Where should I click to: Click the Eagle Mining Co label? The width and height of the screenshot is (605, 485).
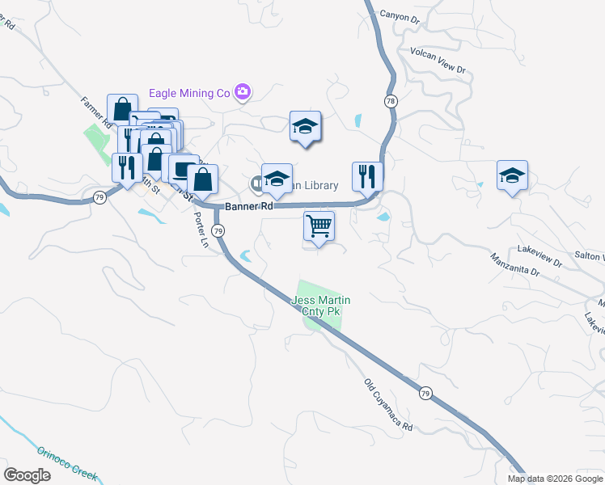click(x=188, y=93)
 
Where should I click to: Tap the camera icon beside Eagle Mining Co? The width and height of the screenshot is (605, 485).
click(x=242, y=92)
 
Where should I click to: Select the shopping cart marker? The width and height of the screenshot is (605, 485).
click(x=319, y=226)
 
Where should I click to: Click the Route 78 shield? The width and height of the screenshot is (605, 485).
click(x=391, y=101)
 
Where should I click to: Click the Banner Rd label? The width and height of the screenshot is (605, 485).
click(x=248, y=207)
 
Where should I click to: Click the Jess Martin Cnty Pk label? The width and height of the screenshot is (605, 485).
click(x=320, y=306)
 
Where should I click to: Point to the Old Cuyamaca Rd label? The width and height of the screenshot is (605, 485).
click(x=388, y=404)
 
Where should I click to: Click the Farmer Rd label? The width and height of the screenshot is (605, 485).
click(x=96, y=112)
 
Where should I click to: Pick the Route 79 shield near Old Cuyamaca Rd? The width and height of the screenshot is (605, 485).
click(x=425, y=393)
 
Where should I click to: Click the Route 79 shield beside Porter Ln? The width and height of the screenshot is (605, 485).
click(x=218, y=231)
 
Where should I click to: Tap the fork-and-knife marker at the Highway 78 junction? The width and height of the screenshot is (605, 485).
click(x=367, y=175)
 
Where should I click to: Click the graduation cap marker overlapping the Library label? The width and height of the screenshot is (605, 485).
click(x=277, y=179)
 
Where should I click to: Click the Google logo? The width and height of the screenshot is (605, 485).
click(x=27, y=475)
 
